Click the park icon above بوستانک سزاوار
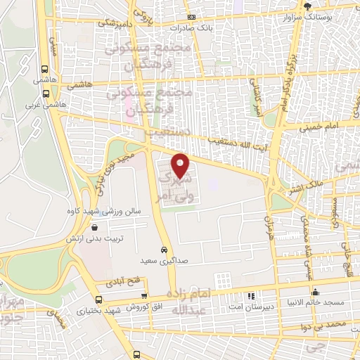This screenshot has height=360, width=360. (x=307, y=5)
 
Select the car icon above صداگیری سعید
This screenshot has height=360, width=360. (x=164, y=250)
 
